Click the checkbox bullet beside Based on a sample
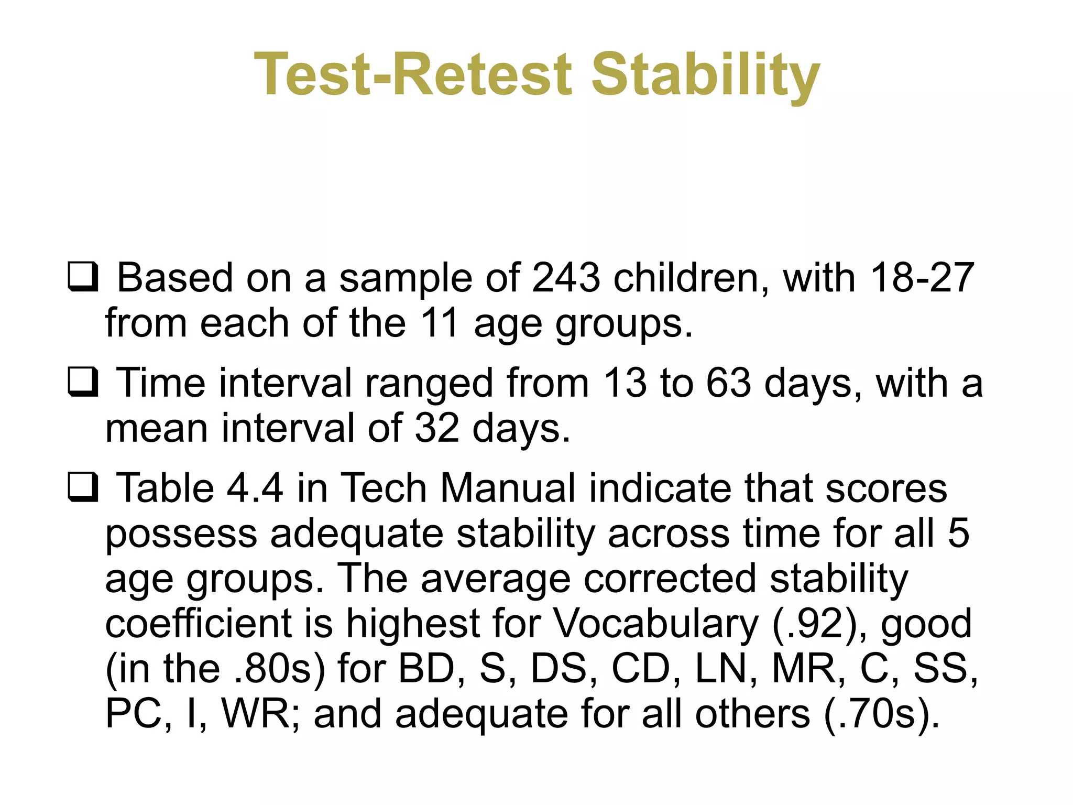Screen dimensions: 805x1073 tap(83, 277)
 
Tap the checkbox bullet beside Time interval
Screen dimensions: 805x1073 tap(83, 383)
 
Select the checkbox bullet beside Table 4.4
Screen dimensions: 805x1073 tap(83, 487)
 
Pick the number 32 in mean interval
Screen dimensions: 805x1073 tap(437, 429)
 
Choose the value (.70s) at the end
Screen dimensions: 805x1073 tap(882, 714)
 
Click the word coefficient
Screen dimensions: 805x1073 tap(198, 624)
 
